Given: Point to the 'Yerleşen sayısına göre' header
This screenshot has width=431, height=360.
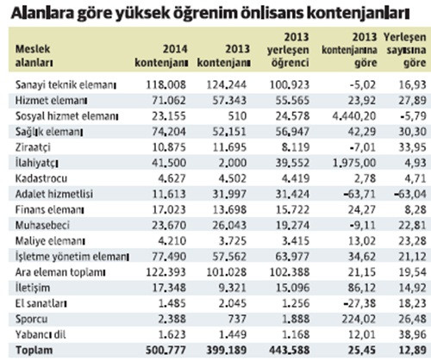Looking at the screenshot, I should coord(406,48).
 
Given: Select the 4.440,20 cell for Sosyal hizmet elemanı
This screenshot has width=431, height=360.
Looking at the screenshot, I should coord(348,114).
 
